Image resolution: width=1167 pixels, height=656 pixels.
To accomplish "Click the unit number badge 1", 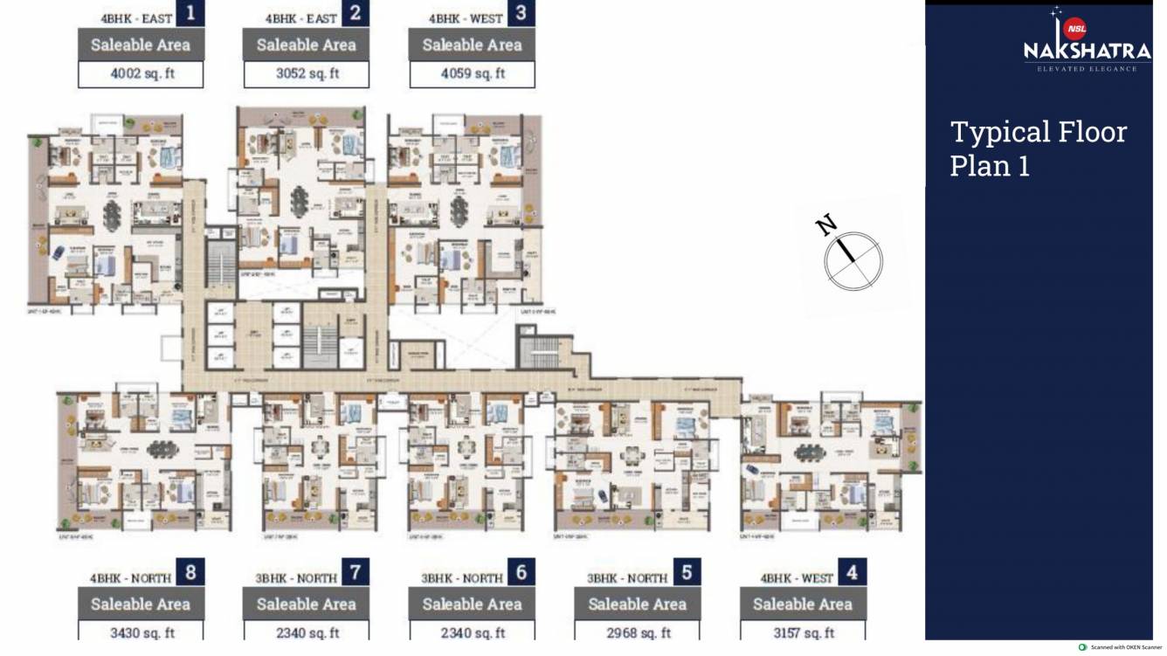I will click(x=190, y=14).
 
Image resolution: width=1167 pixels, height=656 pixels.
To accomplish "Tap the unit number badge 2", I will click(x=356, y=14).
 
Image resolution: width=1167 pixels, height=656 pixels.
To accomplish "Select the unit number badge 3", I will click(x=521, y=14).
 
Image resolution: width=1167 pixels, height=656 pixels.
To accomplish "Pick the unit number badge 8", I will click(x=190, y=572).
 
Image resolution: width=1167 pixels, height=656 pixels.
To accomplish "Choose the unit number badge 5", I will click(x=687, y=572).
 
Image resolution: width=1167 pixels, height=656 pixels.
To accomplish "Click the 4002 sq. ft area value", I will click(x=142, y=73).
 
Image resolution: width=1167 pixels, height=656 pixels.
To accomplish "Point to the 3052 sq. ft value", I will click(x=307, y=73).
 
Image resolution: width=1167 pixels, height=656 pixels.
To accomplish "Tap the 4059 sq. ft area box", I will click(x=472, y=73).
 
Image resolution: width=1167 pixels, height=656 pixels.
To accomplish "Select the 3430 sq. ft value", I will click(x=142, y=632).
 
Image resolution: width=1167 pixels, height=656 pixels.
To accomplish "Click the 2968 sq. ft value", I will click(x=637, y=632).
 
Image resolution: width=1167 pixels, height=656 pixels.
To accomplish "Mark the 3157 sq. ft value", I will click(x=802, y=632).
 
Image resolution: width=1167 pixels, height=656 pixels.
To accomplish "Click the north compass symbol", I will click(x=853, y=261).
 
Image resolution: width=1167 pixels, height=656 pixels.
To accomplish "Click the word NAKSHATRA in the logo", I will click(x=1087, y=52).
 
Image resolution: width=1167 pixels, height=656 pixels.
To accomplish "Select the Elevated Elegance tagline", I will click(x=1087, y=68).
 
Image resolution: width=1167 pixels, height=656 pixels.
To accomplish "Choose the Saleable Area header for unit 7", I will click(x=307, y=604).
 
